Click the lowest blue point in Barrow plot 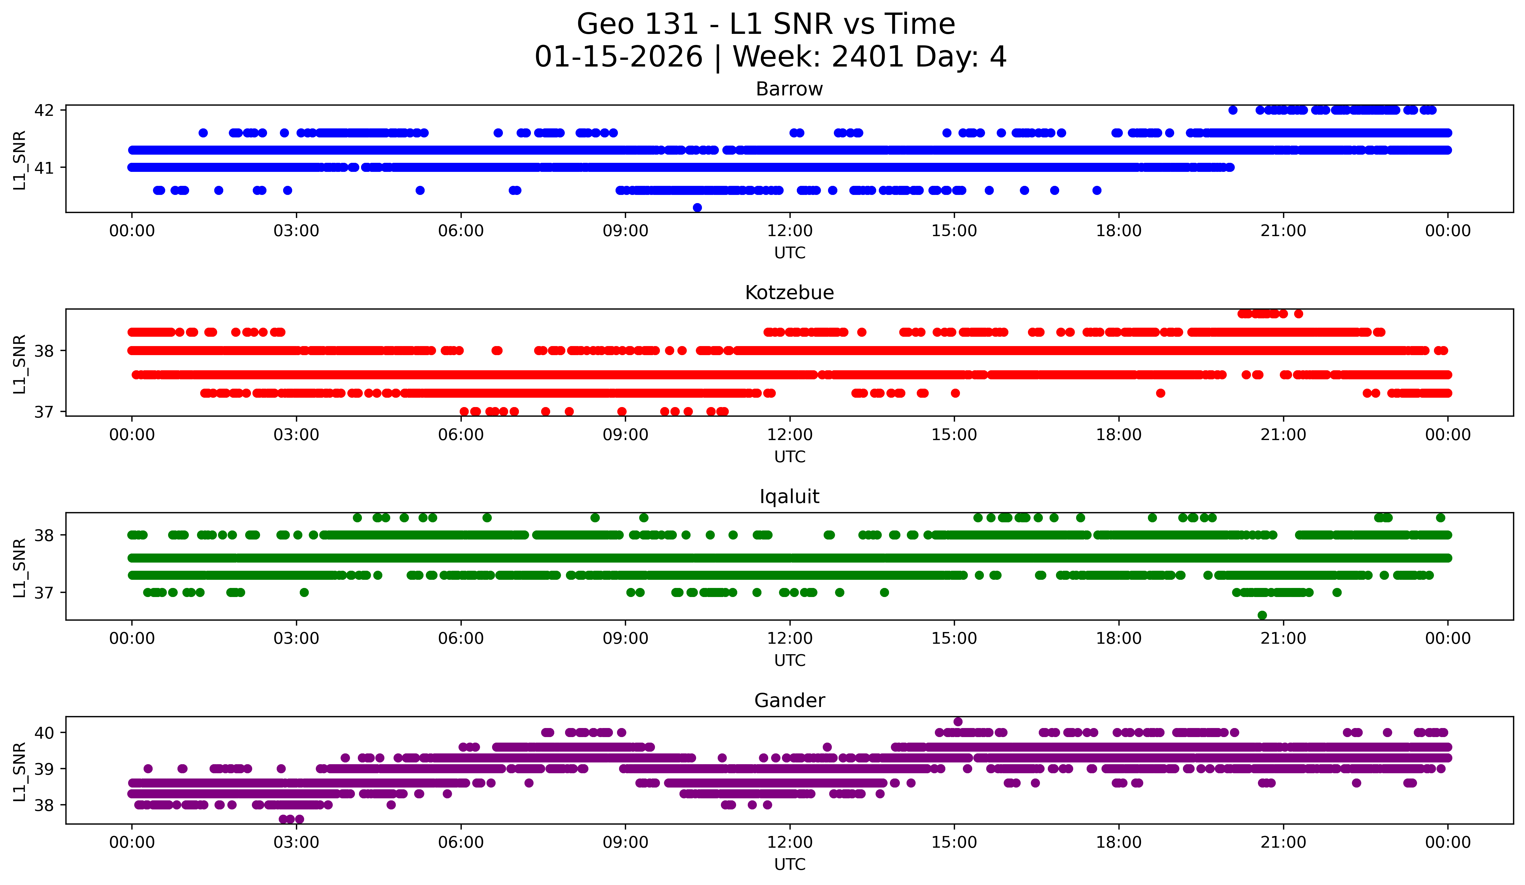coord(697,207)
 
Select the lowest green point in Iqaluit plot coord(1262,615)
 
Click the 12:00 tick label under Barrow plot coord(790,231)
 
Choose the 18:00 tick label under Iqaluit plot coord(1118,639)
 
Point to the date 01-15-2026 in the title coord(618,57)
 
